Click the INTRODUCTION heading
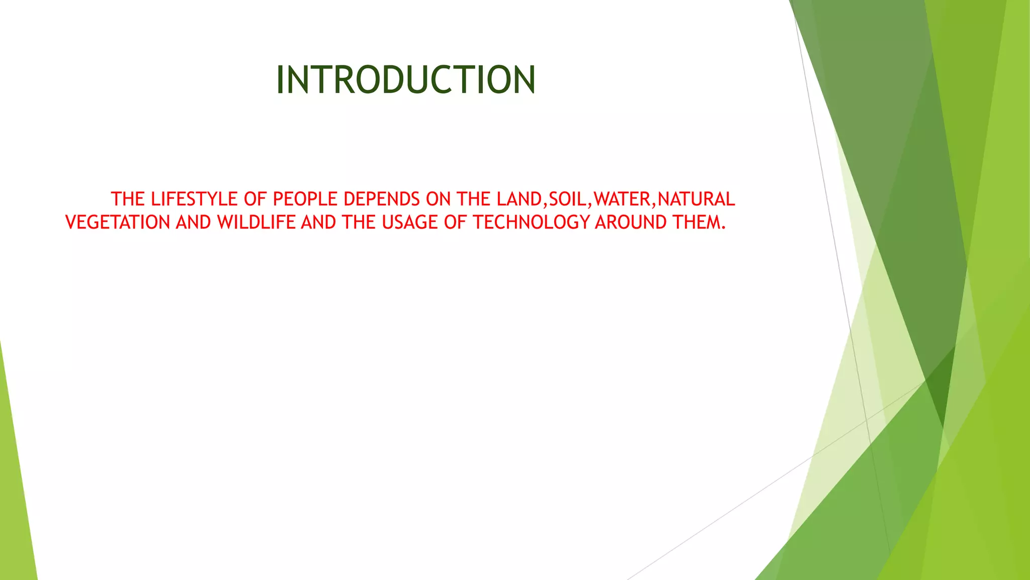(x=406, y=80)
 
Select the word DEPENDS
(x=382, y=199)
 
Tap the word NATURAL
(x=696, y=199)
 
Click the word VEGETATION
(x=118, y=223)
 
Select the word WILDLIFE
(x=256, y=223)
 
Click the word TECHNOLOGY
(x=531, y=223)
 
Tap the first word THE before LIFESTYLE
(x=128, y=199)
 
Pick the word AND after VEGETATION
(x=193, y=223)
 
